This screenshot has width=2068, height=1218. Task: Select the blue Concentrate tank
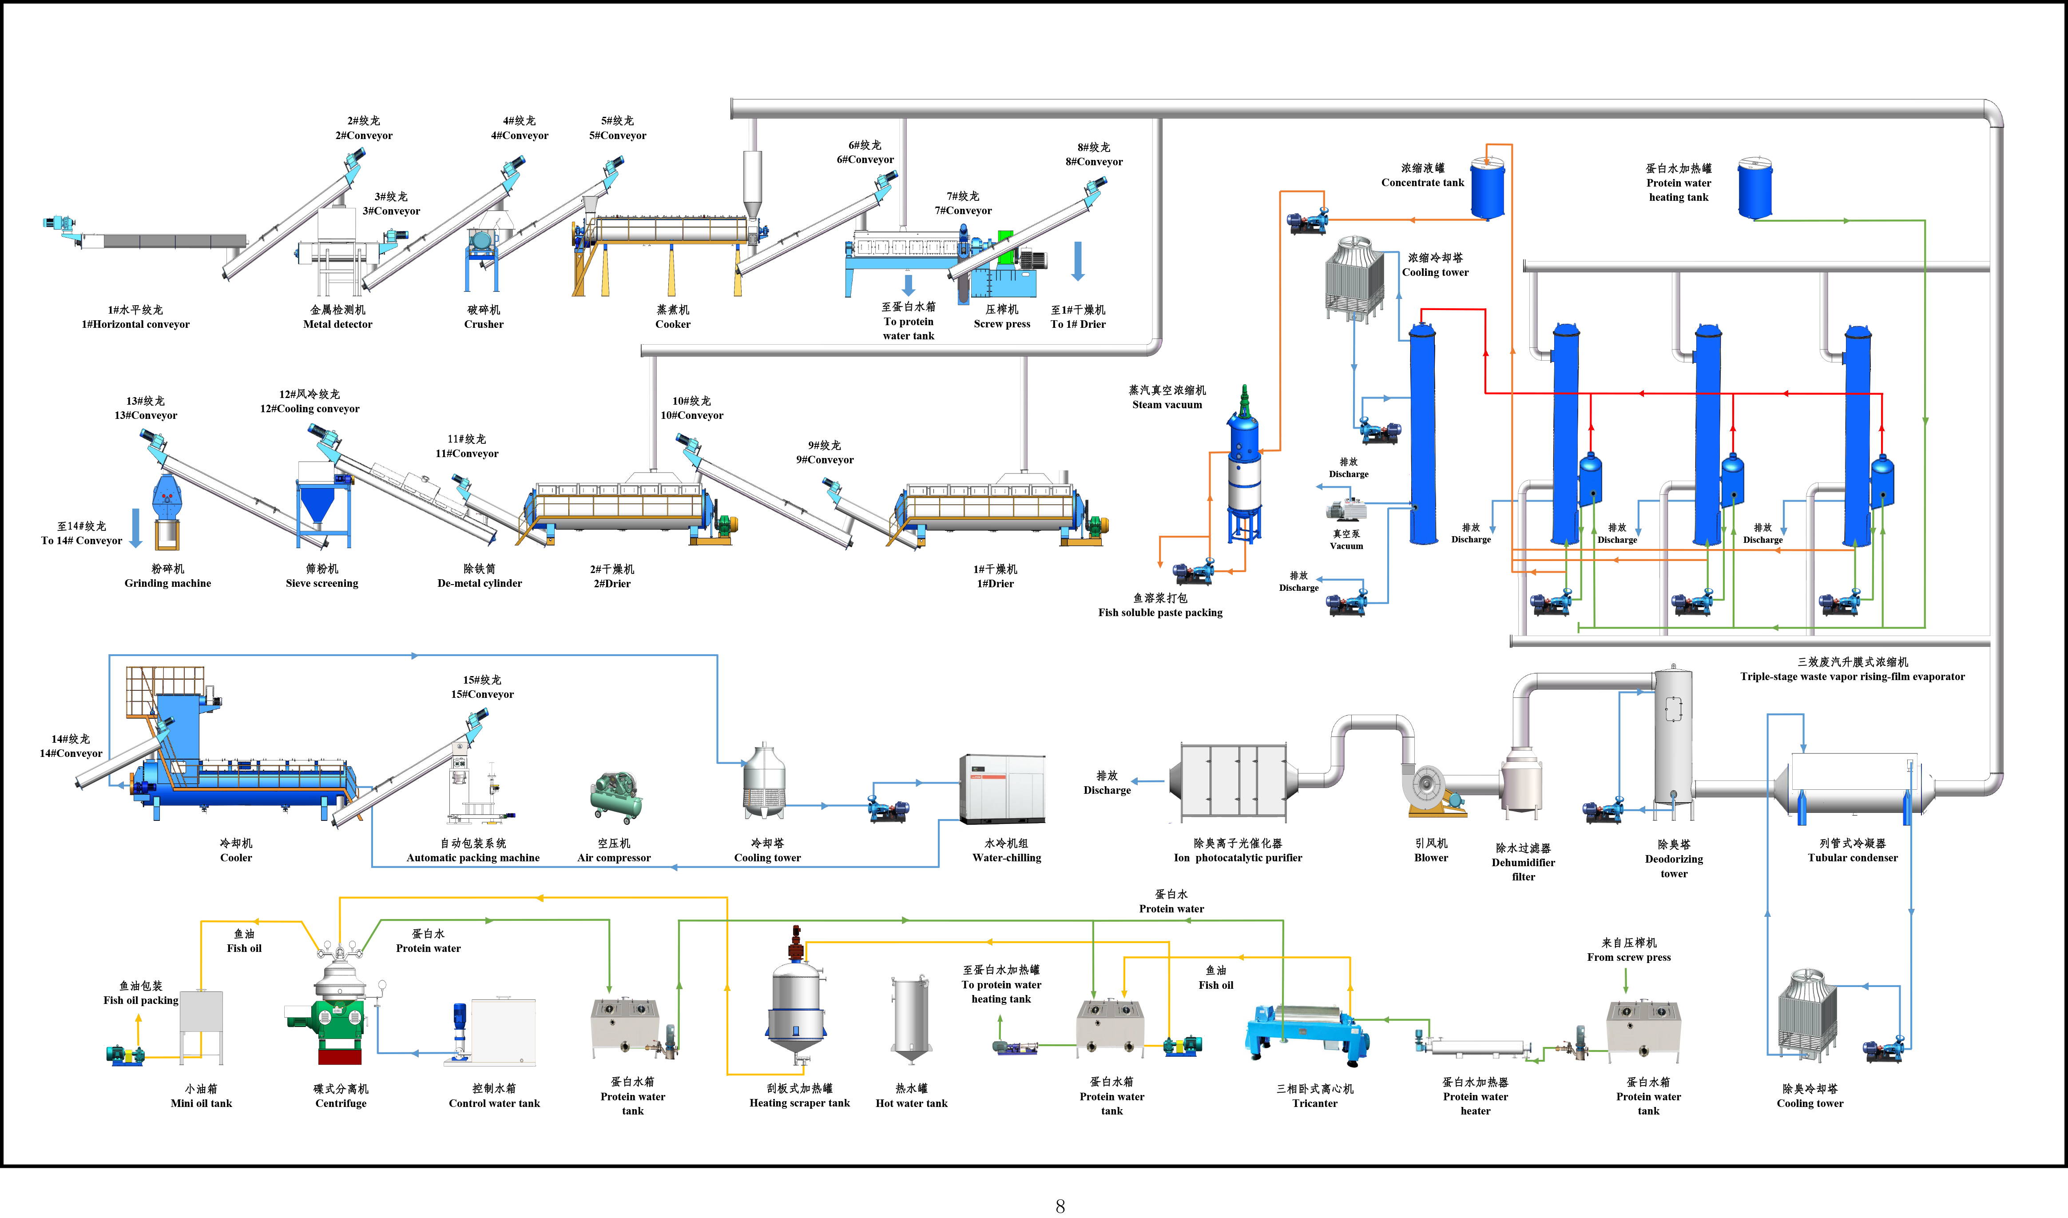tap(1487, 189)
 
